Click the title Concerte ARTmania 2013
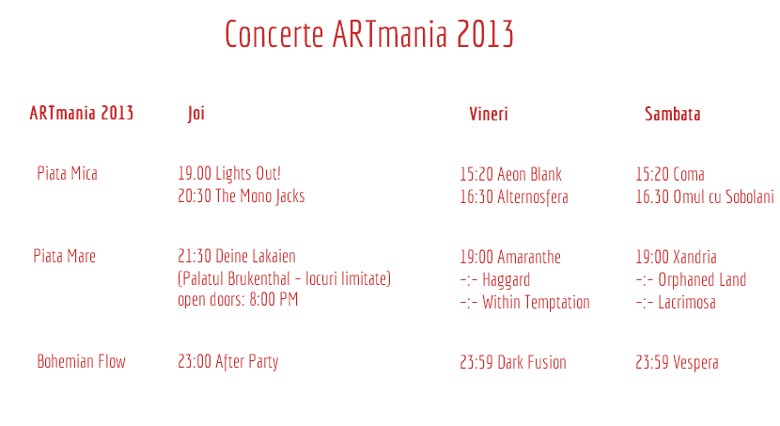tap(368, 34)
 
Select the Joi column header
tap(196, 114)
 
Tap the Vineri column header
tap(489, 114)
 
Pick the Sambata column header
tap(673, 114)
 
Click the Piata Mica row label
tap(67, 173)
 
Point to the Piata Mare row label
tap(64, 256)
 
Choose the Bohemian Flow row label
tap(81, 361)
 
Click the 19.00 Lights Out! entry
tap(229, 174)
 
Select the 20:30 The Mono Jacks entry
tap(242, 197)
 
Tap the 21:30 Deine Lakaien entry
tap(237, 257)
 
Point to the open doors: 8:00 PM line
tap(238, 300)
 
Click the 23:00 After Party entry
tap(227, 362)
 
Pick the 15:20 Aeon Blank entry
tap(511, 174)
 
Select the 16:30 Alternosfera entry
tap(514, 197)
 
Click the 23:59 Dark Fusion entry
tap(513, 362)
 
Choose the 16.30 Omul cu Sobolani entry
tap(705, 197)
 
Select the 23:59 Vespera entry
tap(677, 363)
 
